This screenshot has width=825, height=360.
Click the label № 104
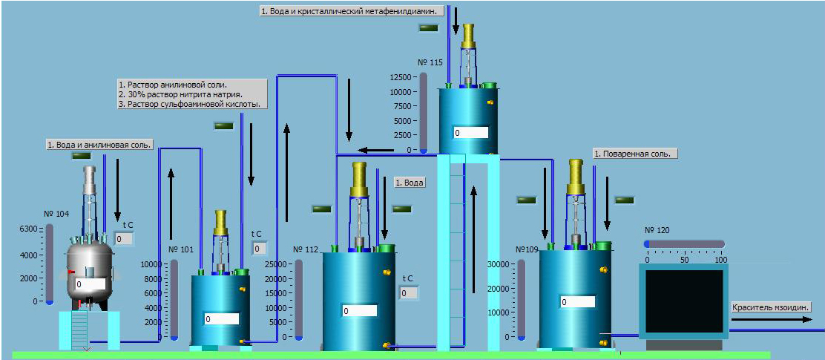click(x=57, y=214)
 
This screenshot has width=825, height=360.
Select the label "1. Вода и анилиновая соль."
click(x=100, y=145)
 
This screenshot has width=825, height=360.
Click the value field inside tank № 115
click(x=470, y=133)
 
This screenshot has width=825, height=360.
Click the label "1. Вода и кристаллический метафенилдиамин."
click(x=352, y=10)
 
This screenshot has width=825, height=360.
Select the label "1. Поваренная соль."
click(x=635, y=154)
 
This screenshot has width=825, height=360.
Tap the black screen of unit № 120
click(x=684, y=301)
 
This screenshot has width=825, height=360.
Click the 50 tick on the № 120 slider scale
click(x=685, y=261)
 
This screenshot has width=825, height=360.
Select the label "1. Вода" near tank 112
click(x=410, y=183)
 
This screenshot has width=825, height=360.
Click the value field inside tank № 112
click(x=359, y=310)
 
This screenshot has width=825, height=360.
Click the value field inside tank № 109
click(x=577, y=302)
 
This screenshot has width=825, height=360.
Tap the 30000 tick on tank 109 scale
click(x=499, y=264)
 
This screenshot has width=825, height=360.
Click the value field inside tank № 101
click(x=222, y=319)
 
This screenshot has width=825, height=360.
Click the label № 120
click(x=657, y=231)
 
